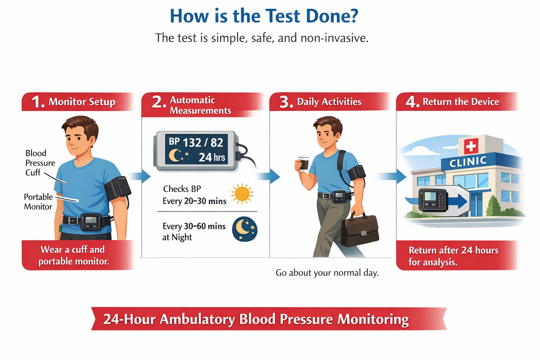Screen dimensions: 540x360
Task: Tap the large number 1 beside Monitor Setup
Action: click(37, 102)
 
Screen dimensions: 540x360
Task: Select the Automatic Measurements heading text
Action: click(200, 105)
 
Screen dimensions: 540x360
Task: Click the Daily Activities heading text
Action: click(329, 102)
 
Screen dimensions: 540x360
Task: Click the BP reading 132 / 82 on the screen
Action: click(203, 142)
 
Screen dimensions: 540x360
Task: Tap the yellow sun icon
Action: click(242, 194)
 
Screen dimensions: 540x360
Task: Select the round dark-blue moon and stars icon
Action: click(245, 229)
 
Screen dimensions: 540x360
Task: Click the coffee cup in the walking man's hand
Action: click(303, 163)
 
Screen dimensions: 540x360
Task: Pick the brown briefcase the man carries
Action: click(360, 230)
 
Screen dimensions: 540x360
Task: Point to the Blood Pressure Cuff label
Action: click(40, 163)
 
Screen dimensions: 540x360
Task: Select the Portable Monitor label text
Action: click(38, 201)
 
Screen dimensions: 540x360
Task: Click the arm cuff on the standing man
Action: click(118, 189)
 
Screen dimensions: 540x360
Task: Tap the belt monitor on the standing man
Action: click(91, 222)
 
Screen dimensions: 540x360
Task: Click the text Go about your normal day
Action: click(327, 273)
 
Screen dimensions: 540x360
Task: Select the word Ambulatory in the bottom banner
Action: click(197, 319)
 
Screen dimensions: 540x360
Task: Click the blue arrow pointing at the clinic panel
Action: click(392, 176)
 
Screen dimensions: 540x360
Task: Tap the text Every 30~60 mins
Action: click(194, 226)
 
